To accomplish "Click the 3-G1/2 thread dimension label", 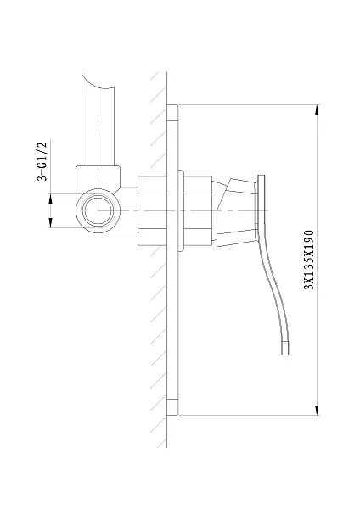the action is (42, 161).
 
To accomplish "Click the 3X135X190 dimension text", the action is (309, 260).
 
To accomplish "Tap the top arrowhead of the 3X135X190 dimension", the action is (317, 109).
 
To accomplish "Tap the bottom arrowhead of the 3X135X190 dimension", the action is (317, 410).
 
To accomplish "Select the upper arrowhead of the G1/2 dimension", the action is (50, 199).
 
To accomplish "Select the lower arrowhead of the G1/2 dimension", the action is (50, 222).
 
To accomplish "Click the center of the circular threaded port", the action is (98, 210).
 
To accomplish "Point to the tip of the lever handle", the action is (285, 354).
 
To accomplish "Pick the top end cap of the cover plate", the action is (172, 113).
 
